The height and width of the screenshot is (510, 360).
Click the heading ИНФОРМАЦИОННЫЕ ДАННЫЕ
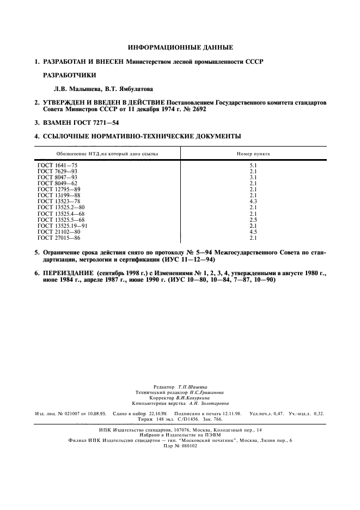180,47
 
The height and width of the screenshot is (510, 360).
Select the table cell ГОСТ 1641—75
57,165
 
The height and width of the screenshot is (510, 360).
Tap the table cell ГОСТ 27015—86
58,238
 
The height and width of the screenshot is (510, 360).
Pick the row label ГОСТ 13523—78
58,201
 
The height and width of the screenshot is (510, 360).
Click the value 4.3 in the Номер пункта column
253,201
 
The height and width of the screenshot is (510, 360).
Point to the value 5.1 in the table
253,165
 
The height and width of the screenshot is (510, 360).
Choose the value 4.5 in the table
253,232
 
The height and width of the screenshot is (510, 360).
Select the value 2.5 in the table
253,220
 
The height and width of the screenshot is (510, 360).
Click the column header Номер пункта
253,154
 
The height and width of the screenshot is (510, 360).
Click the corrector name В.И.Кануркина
191,398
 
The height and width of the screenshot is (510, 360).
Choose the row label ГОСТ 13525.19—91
63,226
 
